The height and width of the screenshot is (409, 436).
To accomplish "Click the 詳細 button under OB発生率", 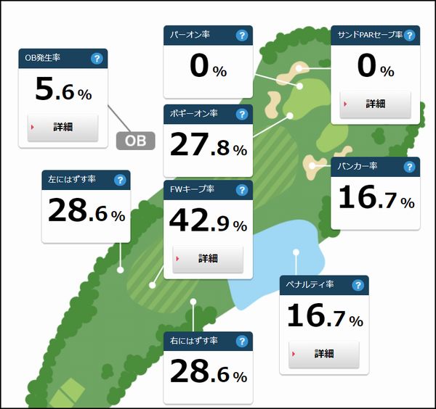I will [62, 126].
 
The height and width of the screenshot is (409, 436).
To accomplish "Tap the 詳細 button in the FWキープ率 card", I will [208, 258].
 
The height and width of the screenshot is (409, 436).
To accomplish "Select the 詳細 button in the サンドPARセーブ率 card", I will [375, 103].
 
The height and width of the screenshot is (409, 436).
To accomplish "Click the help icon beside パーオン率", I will [241, 35].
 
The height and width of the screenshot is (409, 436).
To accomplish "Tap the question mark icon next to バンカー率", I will [409, 167].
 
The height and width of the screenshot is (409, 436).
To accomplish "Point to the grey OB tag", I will [136, 141].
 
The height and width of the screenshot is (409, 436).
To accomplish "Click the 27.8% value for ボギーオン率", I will [208, 145].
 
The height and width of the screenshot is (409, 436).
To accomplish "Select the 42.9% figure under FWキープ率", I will [208, 220].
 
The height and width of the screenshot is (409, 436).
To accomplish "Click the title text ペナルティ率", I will [310, 285].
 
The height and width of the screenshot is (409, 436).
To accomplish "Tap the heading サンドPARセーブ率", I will [366, 35].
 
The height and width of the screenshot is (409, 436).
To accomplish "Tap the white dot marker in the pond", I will [296, 252].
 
